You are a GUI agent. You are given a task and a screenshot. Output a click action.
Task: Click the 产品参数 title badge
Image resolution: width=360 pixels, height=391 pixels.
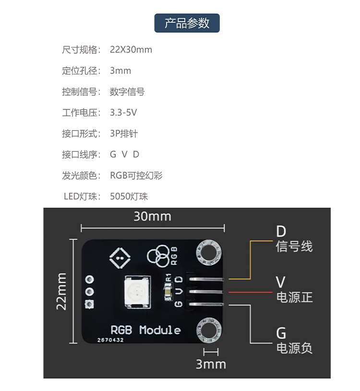(x=187, y=23)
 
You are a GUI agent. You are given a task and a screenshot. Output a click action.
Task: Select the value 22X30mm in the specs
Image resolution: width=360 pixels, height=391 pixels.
(x=131, y=49)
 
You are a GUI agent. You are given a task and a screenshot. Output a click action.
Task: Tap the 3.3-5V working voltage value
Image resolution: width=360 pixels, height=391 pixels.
(x=123, y=113)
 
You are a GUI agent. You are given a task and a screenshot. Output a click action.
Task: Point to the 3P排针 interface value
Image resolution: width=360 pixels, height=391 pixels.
(x=124, y=134)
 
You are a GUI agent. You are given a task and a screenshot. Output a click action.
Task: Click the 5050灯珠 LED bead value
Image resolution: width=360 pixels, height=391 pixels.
(x=129, y=196)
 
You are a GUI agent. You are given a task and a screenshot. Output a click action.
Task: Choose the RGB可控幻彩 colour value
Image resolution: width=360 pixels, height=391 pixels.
(x=136, y=175)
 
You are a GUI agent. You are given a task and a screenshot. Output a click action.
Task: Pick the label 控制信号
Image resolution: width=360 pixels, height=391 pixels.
(x=80, y=92)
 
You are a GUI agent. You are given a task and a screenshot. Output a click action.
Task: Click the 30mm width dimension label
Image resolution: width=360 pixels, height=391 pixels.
(x=152, y=216)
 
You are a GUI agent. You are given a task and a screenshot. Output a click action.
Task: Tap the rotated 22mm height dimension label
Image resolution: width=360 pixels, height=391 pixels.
(x=61, y=291)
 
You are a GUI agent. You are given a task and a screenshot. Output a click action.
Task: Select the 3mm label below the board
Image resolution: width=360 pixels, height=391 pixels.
(x=211, y=364)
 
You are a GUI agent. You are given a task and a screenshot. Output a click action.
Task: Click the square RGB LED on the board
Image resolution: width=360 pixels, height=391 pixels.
(x=137, y=291)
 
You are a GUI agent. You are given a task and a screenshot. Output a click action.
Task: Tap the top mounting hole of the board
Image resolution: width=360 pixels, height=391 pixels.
(x=209, y=253)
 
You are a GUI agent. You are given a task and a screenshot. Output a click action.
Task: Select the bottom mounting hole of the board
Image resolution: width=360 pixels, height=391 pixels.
(x=209, y=330)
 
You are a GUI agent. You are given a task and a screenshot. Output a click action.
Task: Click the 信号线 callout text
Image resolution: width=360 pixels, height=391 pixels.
(x=294, y=246)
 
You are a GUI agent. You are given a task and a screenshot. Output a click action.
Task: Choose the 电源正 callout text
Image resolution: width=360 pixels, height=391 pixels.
(x=294, y=297)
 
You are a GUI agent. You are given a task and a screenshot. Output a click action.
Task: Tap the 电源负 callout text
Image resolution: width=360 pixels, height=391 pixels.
(x=294, y=348)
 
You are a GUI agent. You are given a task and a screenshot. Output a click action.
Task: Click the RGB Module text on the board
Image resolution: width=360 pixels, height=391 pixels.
(x=146, y=330)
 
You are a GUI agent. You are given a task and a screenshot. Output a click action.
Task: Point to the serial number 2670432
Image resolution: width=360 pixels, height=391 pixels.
(x=110, y=340)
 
